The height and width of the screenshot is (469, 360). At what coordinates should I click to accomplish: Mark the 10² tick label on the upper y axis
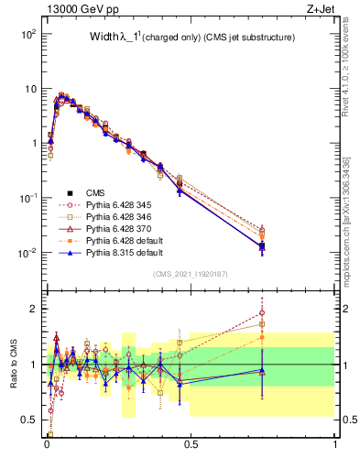(27, 34)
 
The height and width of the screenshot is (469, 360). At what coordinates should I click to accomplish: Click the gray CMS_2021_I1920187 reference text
(190, 273)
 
